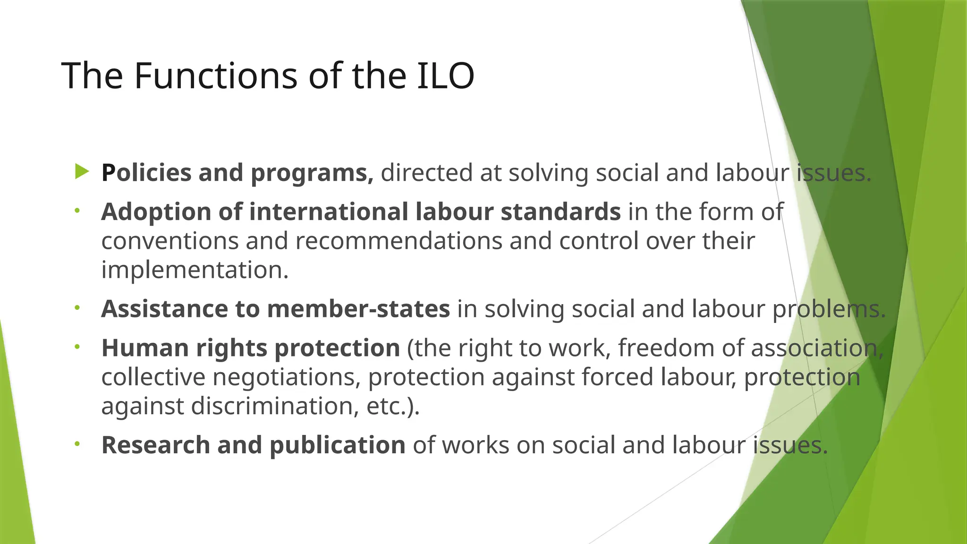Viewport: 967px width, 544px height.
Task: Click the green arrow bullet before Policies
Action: (x=82, y=172)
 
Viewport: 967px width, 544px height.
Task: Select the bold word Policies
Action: (x=146, y=173)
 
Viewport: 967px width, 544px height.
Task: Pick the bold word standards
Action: (x=560, y=212)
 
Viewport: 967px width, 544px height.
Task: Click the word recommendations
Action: (x=399, y=241)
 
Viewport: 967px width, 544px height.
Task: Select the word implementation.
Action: (x=194, y=270)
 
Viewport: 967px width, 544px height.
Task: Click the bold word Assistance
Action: (x=164, y=309)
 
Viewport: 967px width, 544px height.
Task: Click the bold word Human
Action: (x=145, y=348)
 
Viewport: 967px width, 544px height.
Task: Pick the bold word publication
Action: (x=337, y=446)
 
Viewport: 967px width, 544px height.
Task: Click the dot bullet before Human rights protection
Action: (x=77, y=348)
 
